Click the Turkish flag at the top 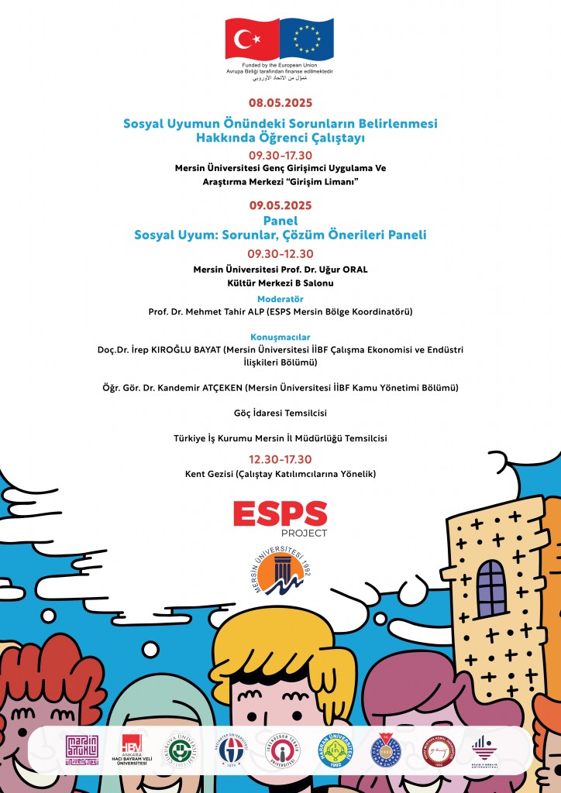click(252, 39)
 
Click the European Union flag click(307, 39)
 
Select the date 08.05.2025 click(280, 103)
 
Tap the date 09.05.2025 click(280, 205)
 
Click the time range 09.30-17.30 click(280, 155)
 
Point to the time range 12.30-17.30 click(280, 459)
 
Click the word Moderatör click(280, 299)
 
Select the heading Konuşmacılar click(280, 337)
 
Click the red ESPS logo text click(280, 514)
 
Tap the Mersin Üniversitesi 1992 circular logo click(280, 572)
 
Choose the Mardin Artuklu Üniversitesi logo click(82, 750)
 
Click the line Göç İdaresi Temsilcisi click(280, 413)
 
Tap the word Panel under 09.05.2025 click(280, 220)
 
